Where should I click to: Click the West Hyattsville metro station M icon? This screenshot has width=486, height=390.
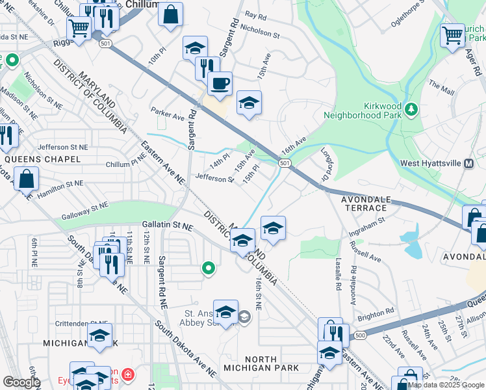tap(468, 165)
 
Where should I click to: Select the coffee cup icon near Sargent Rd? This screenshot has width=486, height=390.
tap(220, 84)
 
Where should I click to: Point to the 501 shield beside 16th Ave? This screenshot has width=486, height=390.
tap(285, 162)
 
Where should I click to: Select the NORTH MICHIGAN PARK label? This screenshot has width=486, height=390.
tap(270, 363)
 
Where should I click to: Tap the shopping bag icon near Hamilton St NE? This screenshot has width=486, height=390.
tap(26, 179)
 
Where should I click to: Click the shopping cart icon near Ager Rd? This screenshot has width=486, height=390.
tap(452, 35)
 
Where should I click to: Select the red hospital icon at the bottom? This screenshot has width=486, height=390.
tap(127, 375)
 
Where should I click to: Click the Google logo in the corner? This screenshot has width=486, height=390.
tap(21, 382)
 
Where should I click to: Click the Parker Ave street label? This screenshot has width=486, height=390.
tap(168, 117)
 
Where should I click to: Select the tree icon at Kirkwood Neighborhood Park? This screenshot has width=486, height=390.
tap(411, 108)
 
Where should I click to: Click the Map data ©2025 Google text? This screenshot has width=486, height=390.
tap(446, 385)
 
